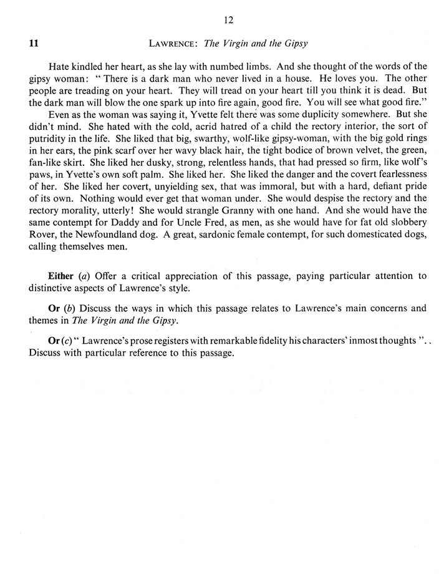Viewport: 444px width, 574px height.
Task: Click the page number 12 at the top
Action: (228, 20)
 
